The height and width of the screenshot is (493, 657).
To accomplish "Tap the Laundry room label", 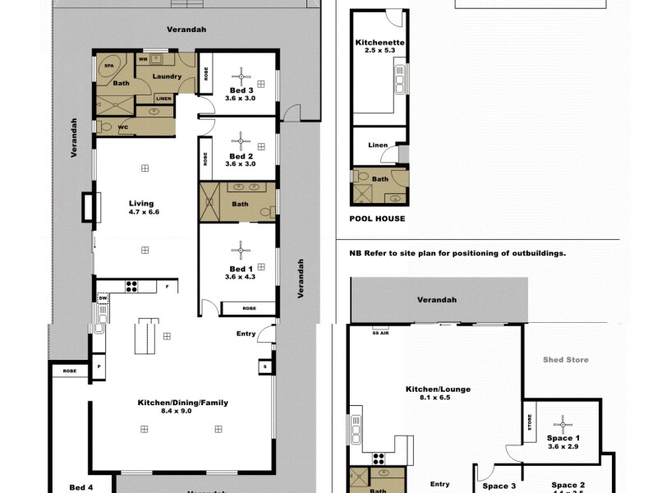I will (166, 76).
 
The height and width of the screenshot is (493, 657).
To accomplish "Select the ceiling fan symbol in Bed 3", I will (241, 72).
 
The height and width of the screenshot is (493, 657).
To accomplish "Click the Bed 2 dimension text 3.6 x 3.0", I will (241, 164).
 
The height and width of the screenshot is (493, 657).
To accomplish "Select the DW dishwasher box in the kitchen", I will (103, 298).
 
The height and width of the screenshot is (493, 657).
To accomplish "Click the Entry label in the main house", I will (246, 334).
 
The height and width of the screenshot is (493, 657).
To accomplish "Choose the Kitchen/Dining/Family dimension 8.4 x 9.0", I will (182, 412).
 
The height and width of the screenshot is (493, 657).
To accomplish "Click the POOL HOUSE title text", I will (377, 219).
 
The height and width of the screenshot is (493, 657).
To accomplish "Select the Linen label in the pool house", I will (378, 145).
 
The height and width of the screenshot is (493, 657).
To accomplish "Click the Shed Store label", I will (566, 360).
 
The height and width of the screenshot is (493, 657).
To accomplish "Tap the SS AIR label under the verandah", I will (380, 333).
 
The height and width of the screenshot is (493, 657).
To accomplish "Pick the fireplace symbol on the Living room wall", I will (89, 206).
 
